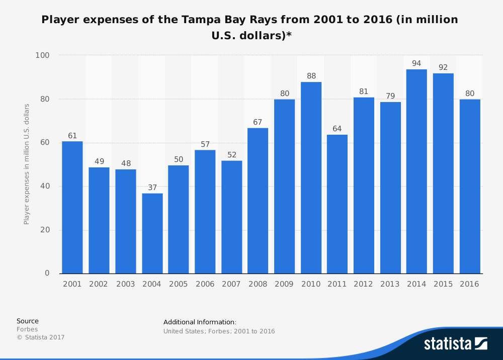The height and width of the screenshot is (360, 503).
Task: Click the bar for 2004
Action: (152, 233)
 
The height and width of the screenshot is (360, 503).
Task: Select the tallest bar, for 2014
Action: (416, 171)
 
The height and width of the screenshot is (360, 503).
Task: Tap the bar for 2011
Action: (337, 204)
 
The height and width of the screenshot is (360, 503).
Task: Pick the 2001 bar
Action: (72, 207)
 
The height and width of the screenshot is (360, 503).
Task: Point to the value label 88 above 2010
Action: (311, 76)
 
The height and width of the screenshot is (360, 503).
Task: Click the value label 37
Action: (152, 188)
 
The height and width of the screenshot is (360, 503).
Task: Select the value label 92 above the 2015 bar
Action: (443, 67)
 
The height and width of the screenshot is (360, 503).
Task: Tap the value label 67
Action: (258, 122)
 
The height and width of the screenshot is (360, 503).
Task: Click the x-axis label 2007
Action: (231, 284)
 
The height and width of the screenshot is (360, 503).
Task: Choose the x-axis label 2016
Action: (469, 284)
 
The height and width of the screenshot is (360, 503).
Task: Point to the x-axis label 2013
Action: (390, 284)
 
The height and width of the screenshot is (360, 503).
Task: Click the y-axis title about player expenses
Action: (27, 164)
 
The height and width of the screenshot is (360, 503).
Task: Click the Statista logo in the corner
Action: (455, 343)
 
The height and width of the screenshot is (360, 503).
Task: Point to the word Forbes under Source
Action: (27, 329)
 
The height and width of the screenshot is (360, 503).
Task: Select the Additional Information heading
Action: (200, 322)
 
